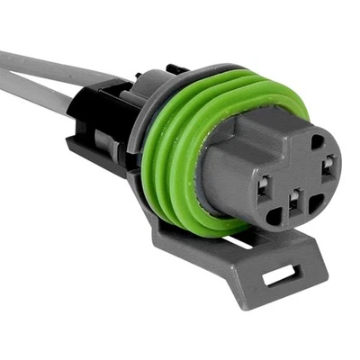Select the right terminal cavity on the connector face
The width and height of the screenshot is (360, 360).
[328, 166]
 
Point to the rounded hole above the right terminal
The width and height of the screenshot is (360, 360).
[316, 141]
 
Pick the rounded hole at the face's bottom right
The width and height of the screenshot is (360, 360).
[315, 204]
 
